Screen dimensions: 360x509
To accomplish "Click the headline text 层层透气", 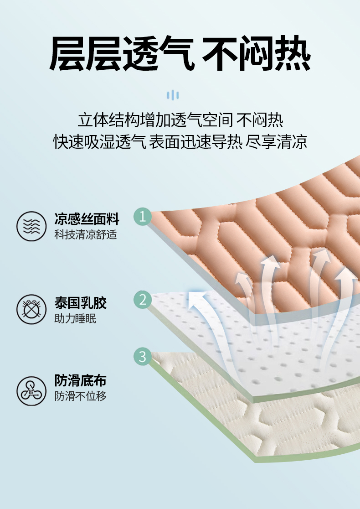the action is pos(122,53).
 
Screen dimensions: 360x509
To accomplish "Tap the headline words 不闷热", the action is pos(257,53).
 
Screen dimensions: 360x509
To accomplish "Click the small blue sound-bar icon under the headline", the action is pos(173,95).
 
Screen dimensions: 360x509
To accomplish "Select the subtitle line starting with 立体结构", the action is pos(180,120).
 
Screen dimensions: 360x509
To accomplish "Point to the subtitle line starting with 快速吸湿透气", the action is pos(180,141).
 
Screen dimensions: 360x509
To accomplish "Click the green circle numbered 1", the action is pos(143,217).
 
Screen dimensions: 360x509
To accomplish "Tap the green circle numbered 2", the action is pos(143,300).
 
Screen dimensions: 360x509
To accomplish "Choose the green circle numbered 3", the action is pos(143,356).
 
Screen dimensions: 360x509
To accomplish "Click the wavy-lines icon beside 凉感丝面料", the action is pos(31,226).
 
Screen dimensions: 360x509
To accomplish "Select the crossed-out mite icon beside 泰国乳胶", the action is pos(31,309).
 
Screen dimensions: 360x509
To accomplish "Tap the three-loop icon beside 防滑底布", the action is pos(31,391).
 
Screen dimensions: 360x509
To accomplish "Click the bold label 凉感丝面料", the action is pos(87,219).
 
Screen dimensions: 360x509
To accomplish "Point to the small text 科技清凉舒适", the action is pos(86,234).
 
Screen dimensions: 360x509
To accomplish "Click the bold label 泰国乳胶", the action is pos(81,303).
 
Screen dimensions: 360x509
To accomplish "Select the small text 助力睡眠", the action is pos(75,318).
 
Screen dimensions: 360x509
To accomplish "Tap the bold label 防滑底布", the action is pos(81,380).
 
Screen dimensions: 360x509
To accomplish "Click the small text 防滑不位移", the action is pos(81,396).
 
